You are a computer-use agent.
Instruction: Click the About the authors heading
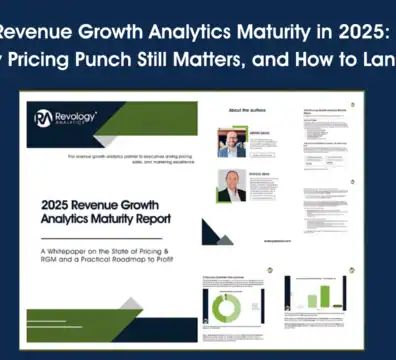coord(226,110)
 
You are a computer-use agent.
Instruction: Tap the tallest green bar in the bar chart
coord(324,296)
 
